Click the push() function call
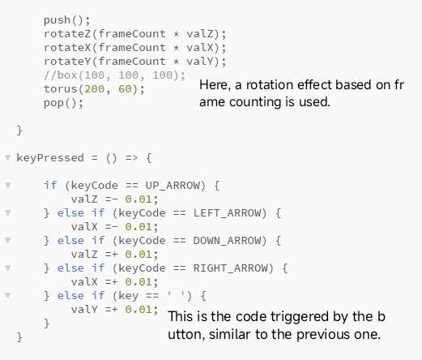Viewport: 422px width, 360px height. click(66, 20)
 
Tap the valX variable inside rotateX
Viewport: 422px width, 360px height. click(199, 48)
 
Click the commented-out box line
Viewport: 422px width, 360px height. click(114, 75)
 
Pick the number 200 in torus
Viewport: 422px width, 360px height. click(94, 89)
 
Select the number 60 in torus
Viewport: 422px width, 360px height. click(125, 89)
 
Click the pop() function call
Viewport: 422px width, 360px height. click(63, 103)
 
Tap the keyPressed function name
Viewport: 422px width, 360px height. click(50, 158)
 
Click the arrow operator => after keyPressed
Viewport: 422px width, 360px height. click(131, 158)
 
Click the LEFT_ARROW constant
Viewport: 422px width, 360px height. click(227, 213)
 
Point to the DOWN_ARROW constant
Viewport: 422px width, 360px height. click(227, 241)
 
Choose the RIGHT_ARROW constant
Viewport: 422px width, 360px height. click(230, 268)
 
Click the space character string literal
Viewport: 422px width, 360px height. click(176, 295)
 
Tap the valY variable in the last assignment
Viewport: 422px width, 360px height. click(84, 309)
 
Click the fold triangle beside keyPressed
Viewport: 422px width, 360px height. click(8, 157)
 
